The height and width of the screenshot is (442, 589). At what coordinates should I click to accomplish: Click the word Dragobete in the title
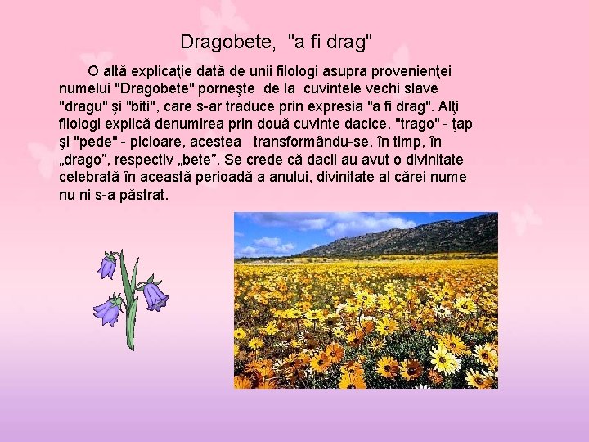point(219,41)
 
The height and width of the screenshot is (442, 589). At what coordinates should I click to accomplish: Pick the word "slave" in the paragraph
point(420,88)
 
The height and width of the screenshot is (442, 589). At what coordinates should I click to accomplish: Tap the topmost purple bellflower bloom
point(106,266)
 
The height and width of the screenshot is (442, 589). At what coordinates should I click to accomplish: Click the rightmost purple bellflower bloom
point(155,295)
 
